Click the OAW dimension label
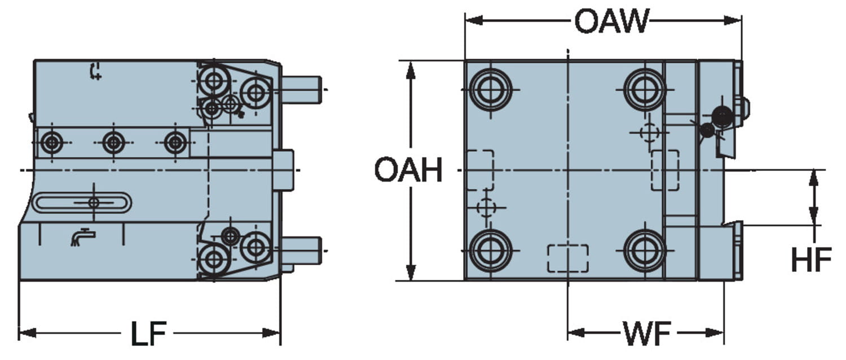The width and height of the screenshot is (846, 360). tap(611, 21)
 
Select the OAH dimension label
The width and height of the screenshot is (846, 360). tap(408, 170)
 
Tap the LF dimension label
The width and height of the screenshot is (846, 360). tap(148, 333)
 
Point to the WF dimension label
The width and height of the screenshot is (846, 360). tap(647, 333)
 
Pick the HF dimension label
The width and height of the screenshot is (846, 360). tap(811, 260)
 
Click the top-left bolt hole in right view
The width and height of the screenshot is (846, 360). tap(490, 90)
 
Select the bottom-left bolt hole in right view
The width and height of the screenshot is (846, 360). tap(490, 250)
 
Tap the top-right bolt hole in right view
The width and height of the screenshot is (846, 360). tap(644, 90)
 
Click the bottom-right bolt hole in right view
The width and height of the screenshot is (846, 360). tap(644, 250)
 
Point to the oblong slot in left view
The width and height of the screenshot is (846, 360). tap(82, 203)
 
